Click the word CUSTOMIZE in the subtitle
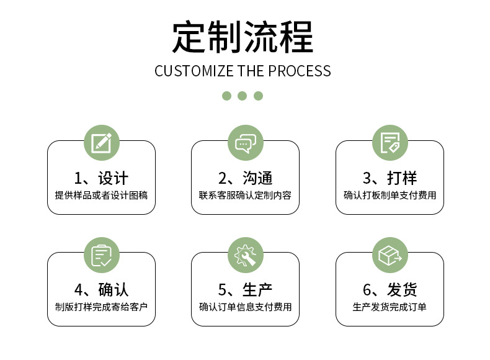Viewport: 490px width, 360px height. click(194, 71)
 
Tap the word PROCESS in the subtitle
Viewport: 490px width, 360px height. click(300, 71)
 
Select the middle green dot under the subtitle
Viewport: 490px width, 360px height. click(243, 96)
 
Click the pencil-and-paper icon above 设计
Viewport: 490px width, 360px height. click(101, 143)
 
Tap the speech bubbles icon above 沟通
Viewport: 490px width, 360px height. click(245, 143)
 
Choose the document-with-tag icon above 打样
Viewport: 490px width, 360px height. click(390, 143)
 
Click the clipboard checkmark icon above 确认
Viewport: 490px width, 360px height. click(101, 255)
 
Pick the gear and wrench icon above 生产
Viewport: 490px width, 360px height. click(245, 255)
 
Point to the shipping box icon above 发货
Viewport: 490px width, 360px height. click(390, 255)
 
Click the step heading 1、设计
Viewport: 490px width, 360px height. click(101, 178)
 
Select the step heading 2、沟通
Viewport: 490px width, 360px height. click(245, 178)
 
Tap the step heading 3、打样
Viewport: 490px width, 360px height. click(390, 178)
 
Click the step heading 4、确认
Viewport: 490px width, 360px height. click(101, 289)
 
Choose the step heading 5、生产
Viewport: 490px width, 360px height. click(245, 289)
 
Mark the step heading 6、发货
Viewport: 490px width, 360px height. click(390, 289)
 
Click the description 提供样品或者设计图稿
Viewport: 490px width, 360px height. click(101, 195)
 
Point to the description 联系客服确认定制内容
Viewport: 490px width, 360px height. click(245, 195)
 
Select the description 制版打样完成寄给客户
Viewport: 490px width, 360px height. click(101, 307)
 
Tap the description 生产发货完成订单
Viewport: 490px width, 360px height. click(390, 307)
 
